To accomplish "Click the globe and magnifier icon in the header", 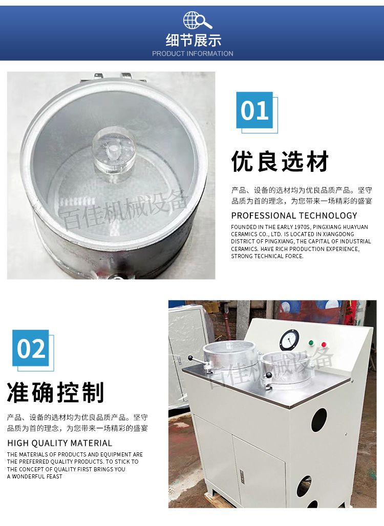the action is click(x=197, y=20).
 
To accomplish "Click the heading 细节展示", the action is click(x=193, y=40).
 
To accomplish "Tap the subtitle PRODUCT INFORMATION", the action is click(x=193, y=54).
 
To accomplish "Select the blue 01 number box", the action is click(x=254, y=110).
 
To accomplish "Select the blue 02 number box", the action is click(x=31, y=348).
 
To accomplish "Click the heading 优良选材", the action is click(x=280, y=162).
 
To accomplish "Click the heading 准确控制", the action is click(x=55, y=392).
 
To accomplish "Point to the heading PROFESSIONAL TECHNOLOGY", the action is click(x=294, y=215).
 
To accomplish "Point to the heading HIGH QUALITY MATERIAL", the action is click(x=59, y=443).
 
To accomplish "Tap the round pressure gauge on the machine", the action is click(x=289, y=340).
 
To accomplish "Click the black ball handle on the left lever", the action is click(x=191, y=358).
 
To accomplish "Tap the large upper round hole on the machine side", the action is click(x=319, y=420).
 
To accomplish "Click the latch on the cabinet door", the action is click(x=242, y=476).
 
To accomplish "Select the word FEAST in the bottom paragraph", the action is click(x=54, y=476).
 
